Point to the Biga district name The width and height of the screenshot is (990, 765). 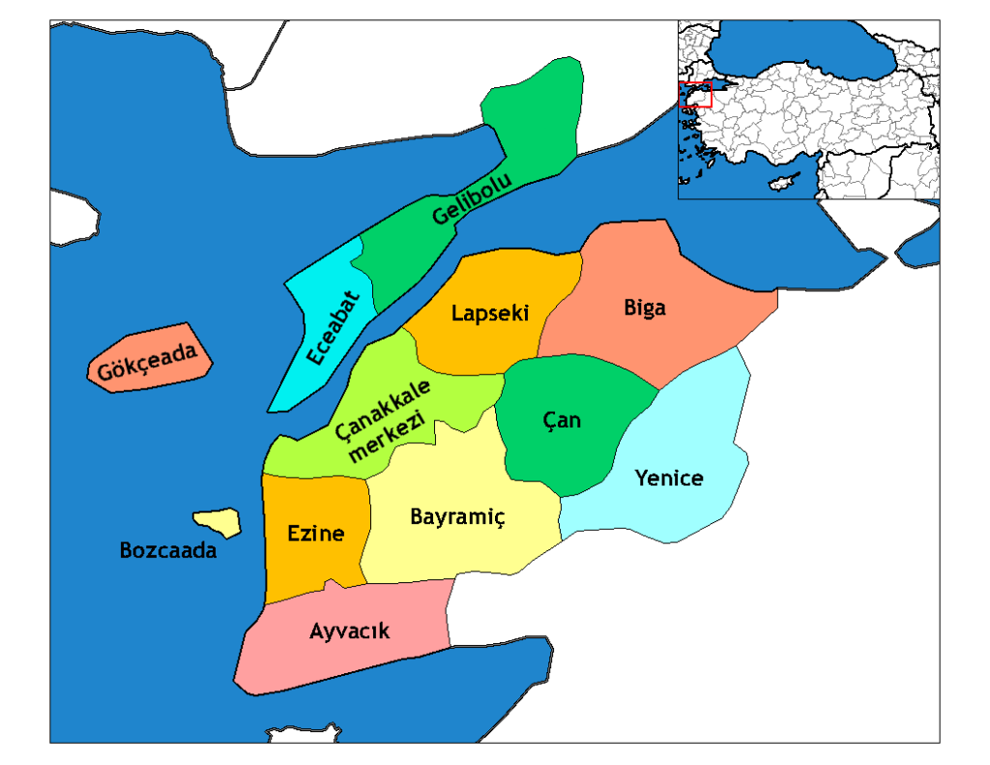click(644, 308)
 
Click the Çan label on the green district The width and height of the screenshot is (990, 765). click(562, 419)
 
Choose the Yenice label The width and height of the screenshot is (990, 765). click(669, 477)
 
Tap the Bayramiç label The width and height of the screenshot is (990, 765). click(457, 516)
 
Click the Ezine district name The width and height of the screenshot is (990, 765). click(316, 533)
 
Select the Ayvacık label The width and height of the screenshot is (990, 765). click(349, 631)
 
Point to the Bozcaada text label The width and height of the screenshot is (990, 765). click(168, 551)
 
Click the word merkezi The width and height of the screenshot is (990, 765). click(386, 437)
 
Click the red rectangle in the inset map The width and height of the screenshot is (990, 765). click(695, 94)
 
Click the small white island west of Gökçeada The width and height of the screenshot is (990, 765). click(73, 218)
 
